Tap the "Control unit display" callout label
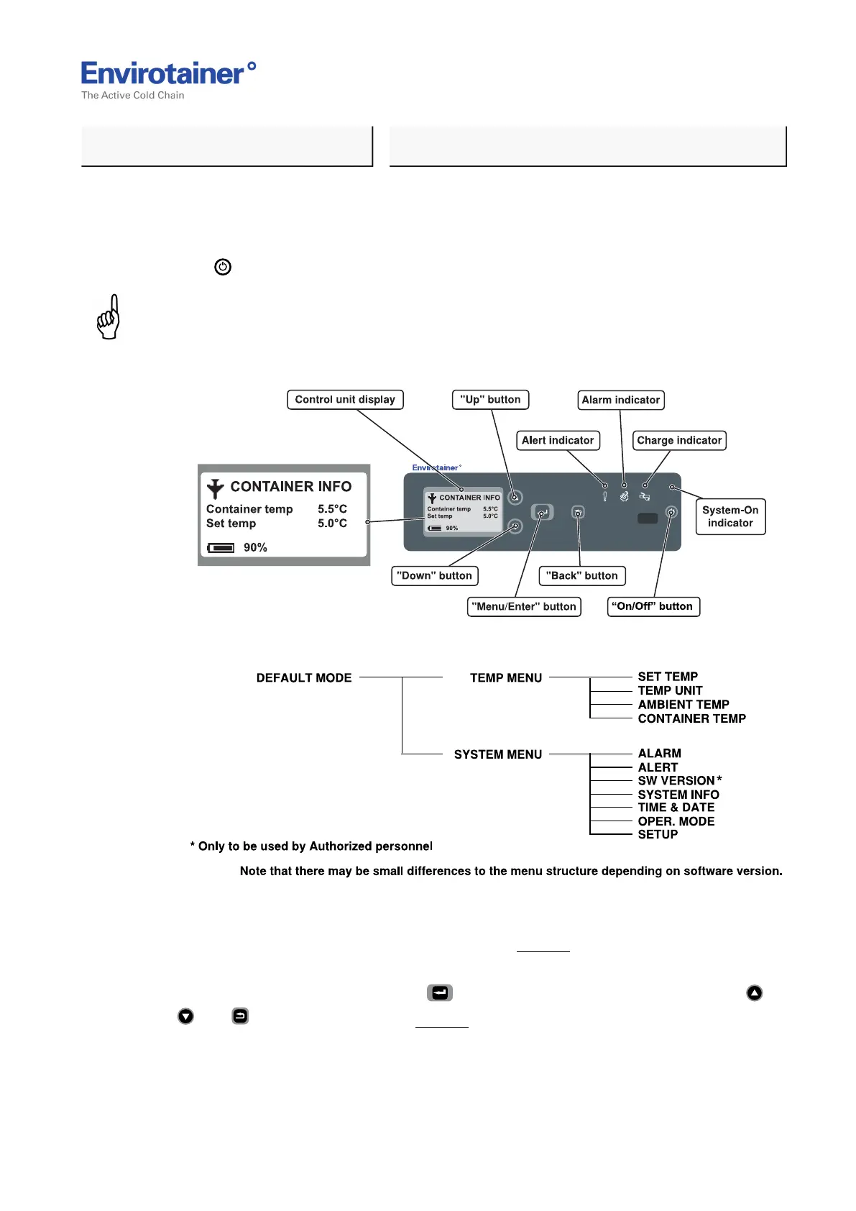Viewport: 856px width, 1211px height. click(x=345, y=400)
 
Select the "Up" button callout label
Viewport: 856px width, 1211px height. click(x=490, y=400)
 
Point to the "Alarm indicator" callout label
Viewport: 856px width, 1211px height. click(x=621, y=400)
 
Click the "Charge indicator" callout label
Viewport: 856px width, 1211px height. click(x=679, y=440)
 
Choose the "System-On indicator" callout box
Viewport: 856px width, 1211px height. click(x=730, y=516)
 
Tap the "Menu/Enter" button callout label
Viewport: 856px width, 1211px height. click(x=524, y=606)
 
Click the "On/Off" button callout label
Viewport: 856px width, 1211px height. click(x=653, y=606)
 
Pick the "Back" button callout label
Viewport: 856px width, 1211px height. click(x=582, y=575)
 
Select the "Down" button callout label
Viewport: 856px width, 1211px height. click(x=435, y=575)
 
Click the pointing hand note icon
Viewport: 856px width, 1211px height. click(x=109, y=317)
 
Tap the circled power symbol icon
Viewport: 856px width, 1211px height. click(x=223, y=267)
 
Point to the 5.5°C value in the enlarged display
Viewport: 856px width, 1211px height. click(x=332, y=509)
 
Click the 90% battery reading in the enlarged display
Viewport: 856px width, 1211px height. click(x=255, y=547)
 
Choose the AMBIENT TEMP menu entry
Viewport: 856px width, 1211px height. click(x=684, y=705)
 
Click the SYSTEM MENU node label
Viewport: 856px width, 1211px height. click(x=498, y=754)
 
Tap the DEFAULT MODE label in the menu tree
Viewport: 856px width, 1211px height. click(x=304, y=678)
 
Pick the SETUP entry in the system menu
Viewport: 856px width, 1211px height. click(x=658, y=834)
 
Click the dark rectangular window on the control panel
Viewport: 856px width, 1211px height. click(x=648, y=518)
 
